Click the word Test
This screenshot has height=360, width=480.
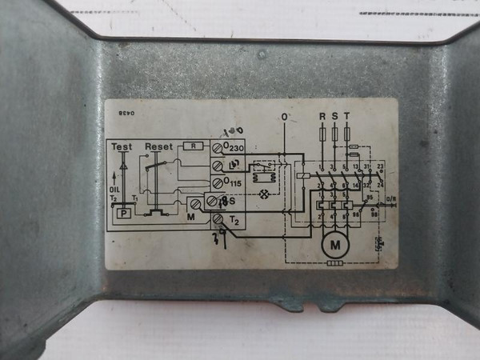tap(122, 147)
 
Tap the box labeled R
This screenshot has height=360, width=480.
tap(194, 146)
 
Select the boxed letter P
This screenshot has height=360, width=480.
tap(124, 214)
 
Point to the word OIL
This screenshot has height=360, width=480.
tap(114, 190)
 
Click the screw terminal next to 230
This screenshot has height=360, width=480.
tap(218, 147)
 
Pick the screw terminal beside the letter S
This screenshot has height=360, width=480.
tap(213, 202)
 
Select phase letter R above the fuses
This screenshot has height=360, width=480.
tap(322, 117)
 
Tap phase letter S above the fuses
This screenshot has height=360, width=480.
tap(334, 117)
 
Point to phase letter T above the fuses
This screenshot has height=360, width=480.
tap(346, 117)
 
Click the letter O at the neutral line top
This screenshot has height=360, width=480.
tap(284, 117)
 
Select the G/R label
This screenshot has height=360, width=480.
tap(390, 198)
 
